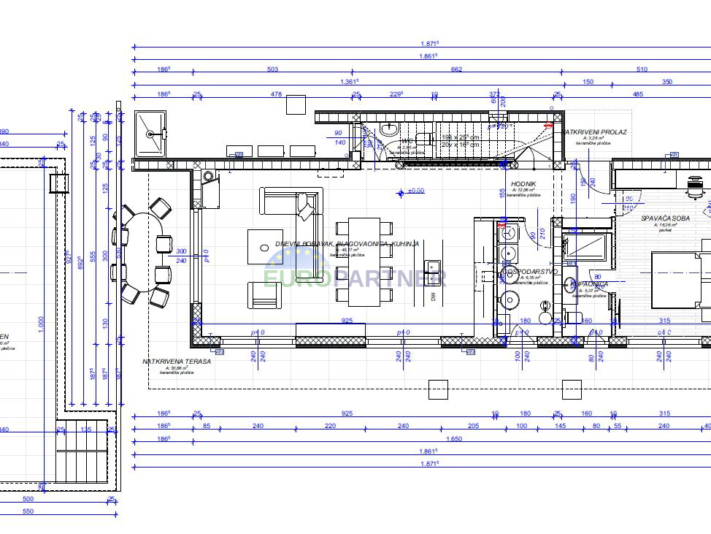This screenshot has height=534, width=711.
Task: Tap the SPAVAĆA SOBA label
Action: [x=665, y=218]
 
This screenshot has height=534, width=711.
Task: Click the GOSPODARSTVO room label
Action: [x=529, y=271]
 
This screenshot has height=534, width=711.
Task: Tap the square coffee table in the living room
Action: [x=264, y=246]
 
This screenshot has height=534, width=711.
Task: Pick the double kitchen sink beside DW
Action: [x=433, y=272]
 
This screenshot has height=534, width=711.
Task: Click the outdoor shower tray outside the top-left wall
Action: [x=150, y=134]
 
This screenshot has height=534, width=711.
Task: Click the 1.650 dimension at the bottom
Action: [x=453, y=439]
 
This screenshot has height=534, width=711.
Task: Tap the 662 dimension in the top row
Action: [x=457, y=69]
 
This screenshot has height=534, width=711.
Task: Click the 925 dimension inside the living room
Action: [x=347, y=321]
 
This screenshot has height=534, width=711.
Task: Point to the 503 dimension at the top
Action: [x=273, y=69]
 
